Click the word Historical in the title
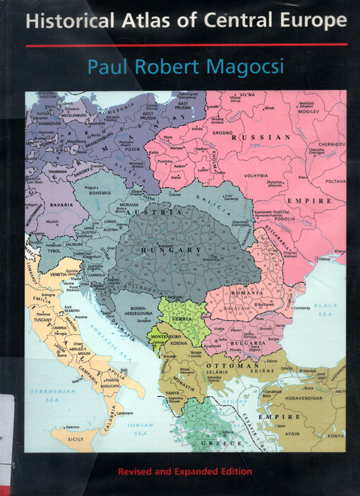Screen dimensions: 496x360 coord(63,22)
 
